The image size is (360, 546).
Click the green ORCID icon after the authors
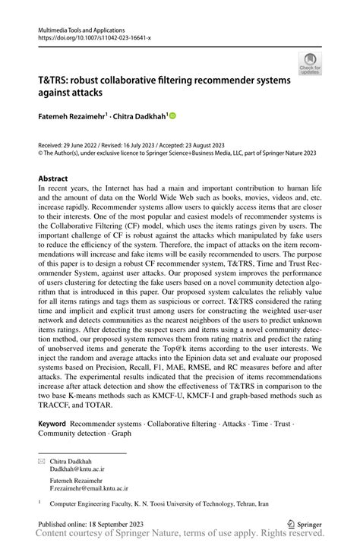[x=172, y=116]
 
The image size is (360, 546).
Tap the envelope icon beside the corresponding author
[x=43, y=461]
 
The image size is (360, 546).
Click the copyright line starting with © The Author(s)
[x=179, y=152]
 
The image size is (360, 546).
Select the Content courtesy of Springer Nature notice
[x=179, y=536]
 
